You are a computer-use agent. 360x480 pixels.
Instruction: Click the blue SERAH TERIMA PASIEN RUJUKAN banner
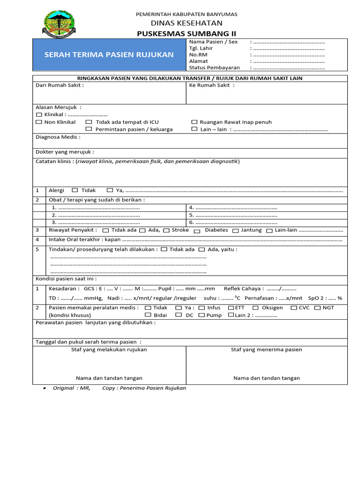point(109,55)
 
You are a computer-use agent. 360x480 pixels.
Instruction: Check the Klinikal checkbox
point(39,114)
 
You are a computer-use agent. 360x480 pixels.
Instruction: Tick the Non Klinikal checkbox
point(39,122)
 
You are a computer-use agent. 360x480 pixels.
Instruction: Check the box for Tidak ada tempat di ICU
point(89,122)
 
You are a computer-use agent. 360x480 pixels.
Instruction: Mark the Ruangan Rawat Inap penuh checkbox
point(194,122)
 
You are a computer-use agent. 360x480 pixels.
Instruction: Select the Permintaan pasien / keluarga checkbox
point(89,129)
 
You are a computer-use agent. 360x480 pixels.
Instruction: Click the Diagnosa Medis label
point(58,137)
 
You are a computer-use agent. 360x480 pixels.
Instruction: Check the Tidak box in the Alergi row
point(75,190)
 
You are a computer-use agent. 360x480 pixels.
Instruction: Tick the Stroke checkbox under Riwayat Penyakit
point(166,230)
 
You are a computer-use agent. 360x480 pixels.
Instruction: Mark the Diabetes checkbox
point(197,231)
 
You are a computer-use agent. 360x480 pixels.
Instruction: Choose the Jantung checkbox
point(235,231)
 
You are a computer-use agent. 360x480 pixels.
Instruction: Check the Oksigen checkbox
point(255,307)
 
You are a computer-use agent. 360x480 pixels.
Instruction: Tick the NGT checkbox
point(317,307)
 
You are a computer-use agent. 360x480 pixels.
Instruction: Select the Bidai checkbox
point(145,315)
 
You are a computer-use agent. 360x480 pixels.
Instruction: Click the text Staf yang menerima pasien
point(266,349)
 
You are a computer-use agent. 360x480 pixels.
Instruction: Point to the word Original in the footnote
point(63,388)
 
